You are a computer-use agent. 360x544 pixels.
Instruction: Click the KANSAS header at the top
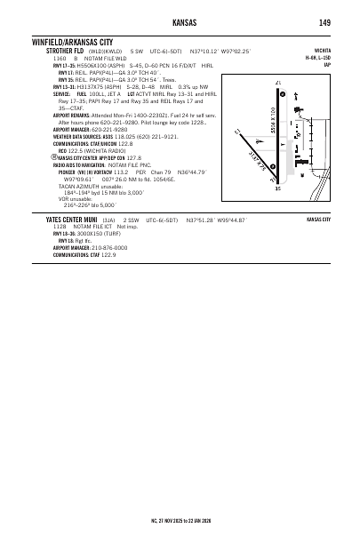pos(180,21)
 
